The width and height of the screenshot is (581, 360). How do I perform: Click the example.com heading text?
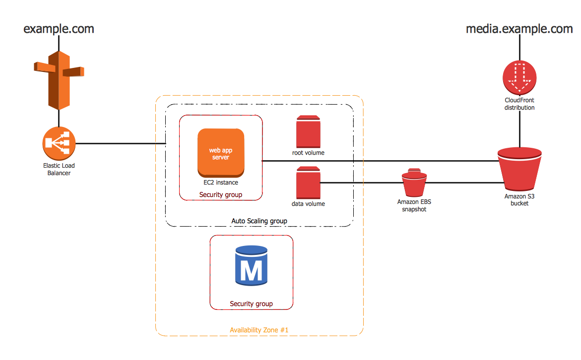pyautogui.click(x=59, y=29)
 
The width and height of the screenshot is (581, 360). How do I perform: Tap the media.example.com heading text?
pyautogui.click(x=519, y=29)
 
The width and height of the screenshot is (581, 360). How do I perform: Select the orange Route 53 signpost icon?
pyautogui.click(x=59, y=79)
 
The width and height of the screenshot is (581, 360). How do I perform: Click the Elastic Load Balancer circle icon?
pyautogui.click(x=59, y=144)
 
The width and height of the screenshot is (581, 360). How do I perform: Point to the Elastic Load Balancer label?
pyautogui.click(x=59, y=169)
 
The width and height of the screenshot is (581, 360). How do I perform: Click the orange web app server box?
pyautogui.click(x=221, y=153)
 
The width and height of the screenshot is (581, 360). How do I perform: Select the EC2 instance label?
pyautogui.click(x=221, y=182)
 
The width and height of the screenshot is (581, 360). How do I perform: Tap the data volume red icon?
pyautogui.click(x=308, y=183)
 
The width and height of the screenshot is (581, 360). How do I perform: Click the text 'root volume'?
pyautogui.click(x=308, y=153)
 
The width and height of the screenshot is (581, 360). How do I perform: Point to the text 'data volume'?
pyautogui.click(x=308, y=204)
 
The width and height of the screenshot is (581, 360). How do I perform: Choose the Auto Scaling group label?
pyautogui.click(x=259, y=221)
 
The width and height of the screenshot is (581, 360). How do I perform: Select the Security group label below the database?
pyautogui.click(x=251, y=303)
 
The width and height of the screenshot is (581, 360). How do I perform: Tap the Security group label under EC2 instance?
pyautogui.click(x=221, y=194)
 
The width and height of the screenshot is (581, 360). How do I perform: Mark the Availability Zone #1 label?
pyautogui.click(x=259, y=330)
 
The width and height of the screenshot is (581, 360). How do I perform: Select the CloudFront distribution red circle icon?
pyautogui.click(x=519, y=77)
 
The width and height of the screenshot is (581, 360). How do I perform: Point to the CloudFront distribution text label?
pyautogui.click(x=519, y=104)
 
